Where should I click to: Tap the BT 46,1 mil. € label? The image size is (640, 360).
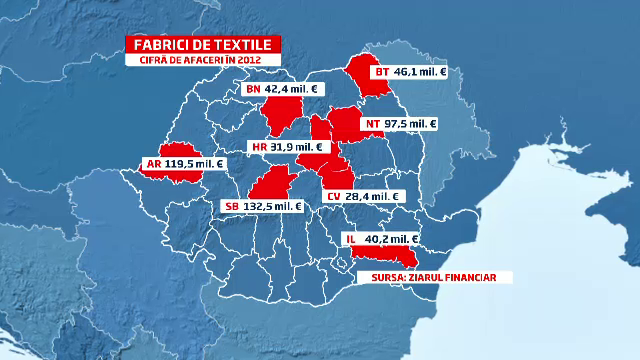coord(410,72)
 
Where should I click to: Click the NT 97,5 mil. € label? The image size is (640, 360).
coord(401,124)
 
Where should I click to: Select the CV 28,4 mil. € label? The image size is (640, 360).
coord(361,197)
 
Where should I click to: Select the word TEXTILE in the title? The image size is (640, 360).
coord(245,45)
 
